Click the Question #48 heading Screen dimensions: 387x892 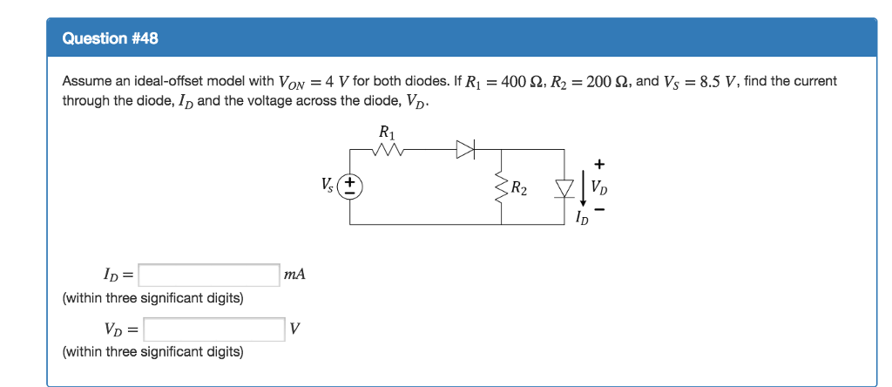[111, 39]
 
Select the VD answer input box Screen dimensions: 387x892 [214, 329]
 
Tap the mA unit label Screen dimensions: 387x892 [294, 275]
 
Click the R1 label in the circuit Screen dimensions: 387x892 [387, 133]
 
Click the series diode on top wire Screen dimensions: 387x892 [465, 151]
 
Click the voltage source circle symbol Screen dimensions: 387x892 [351, 187]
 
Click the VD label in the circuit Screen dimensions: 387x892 [600, 187]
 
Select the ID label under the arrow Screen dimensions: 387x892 [581, 217]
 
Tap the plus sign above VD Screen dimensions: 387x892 [599, 164]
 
